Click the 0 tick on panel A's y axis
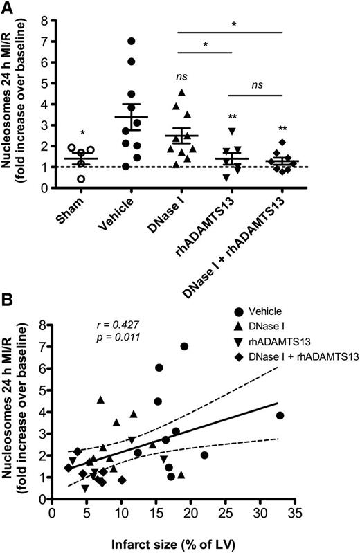pos(43,188)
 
